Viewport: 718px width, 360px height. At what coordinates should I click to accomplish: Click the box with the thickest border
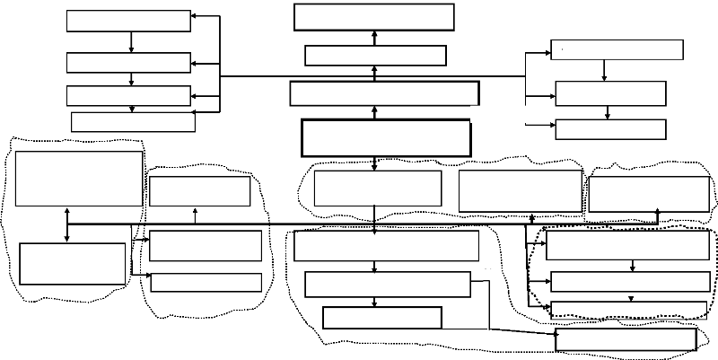[386, 138]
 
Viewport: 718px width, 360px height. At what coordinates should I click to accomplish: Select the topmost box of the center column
[373, 17]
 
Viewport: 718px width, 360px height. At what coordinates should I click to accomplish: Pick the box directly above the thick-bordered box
[384, 93]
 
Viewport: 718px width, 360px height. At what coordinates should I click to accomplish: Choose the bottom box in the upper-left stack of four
[133, 122]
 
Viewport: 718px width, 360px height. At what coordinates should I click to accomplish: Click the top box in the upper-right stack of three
[616, 49]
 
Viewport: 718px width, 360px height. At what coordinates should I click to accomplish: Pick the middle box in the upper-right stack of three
[610, 93]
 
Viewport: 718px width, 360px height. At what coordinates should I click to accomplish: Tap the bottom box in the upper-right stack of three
[610, 129]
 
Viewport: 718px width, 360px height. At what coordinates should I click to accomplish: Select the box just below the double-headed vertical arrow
[73, 263]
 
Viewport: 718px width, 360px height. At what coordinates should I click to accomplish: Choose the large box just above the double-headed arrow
[79, 179]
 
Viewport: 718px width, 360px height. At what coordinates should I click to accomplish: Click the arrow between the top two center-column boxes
[373, 38]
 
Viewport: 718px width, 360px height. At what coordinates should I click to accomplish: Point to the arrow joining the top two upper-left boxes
[132, 42]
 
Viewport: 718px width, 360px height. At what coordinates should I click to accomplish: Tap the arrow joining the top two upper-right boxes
[604, 70]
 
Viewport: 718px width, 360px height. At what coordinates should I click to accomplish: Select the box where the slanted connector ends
[626, 339]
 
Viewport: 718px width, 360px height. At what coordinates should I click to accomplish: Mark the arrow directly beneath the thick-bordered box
[373, 163]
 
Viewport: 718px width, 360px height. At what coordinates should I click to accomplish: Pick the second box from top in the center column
[375, 56]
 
